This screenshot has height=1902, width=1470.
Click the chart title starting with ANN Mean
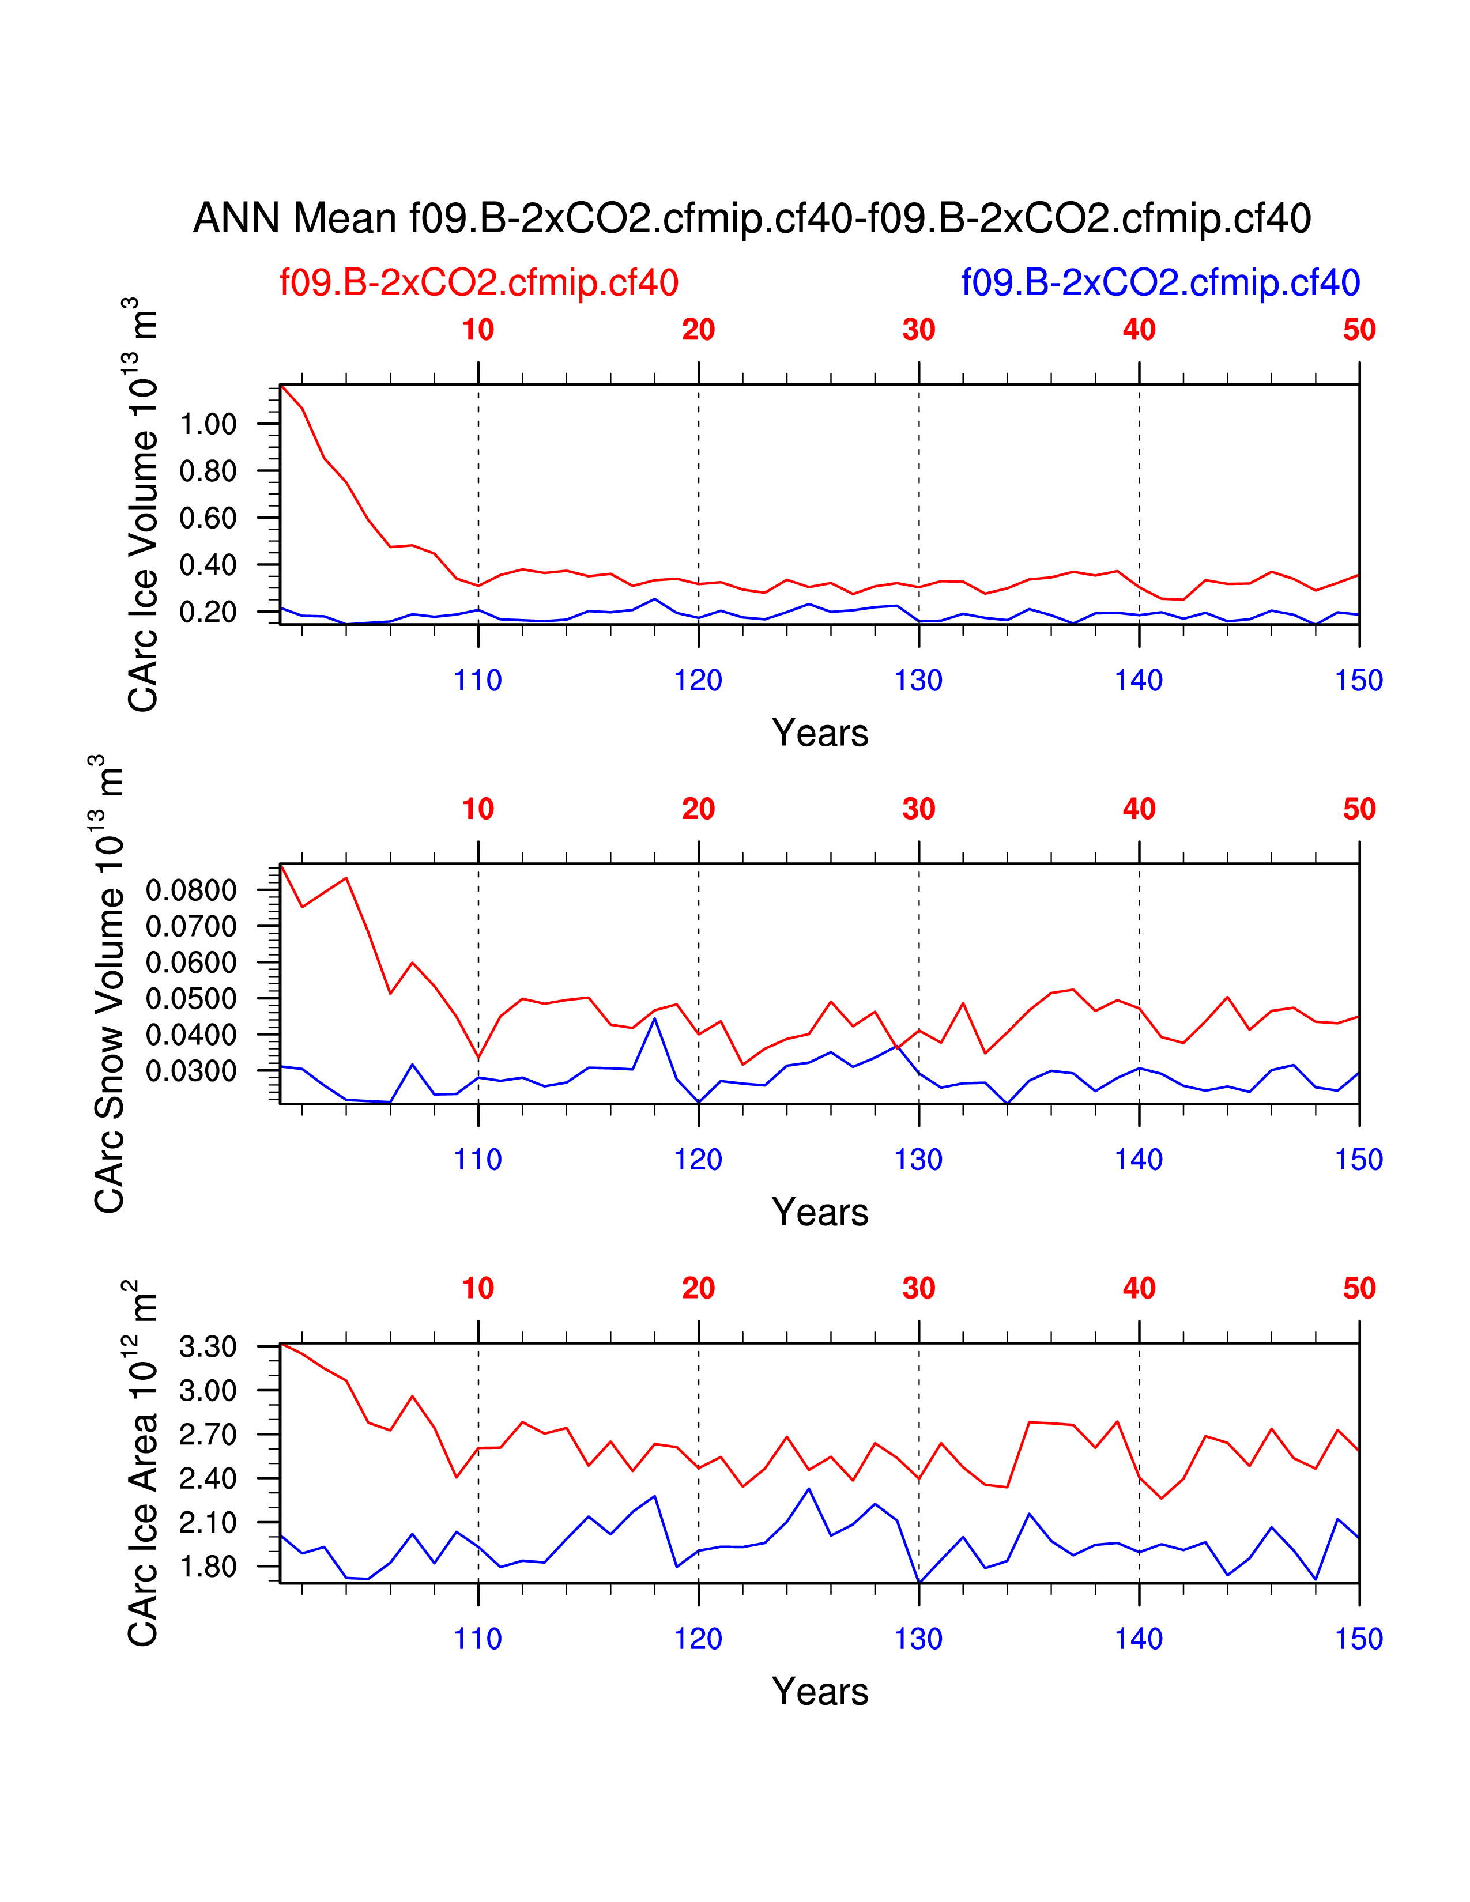click(x=752, y=218)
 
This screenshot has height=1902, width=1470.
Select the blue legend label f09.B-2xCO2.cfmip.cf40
click(x=1160, y=283)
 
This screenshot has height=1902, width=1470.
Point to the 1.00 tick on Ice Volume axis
click(x=208, y=424)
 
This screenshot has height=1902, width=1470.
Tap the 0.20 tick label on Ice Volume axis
click(x=208, y=612)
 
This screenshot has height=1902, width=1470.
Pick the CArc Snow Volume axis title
click(x=110, y=984)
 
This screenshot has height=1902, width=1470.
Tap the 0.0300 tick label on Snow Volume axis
click(x=191, y=1071)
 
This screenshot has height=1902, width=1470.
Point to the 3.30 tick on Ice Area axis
click(x=208, y=1346)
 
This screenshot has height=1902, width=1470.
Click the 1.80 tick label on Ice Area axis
click(x=208, y=1567)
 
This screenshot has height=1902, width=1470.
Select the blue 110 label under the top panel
click(x=477, y=680)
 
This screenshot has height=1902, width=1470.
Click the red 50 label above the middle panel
click(x=1359, y=809)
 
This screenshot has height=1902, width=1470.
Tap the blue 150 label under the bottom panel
click(x=1359, y=1639)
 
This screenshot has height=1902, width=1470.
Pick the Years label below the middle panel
click(x=820, y=1212)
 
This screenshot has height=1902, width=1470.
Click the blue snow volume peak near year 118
click(x=655, y=1019)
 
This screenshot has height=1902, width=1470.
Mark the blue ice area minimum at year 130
click(x=919, y=1582)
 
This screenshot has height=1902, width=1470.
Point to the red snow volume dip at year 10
click(x=478, y=1058)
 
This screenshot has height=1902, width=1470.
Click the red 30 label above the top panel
click(x=919, y=330)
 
